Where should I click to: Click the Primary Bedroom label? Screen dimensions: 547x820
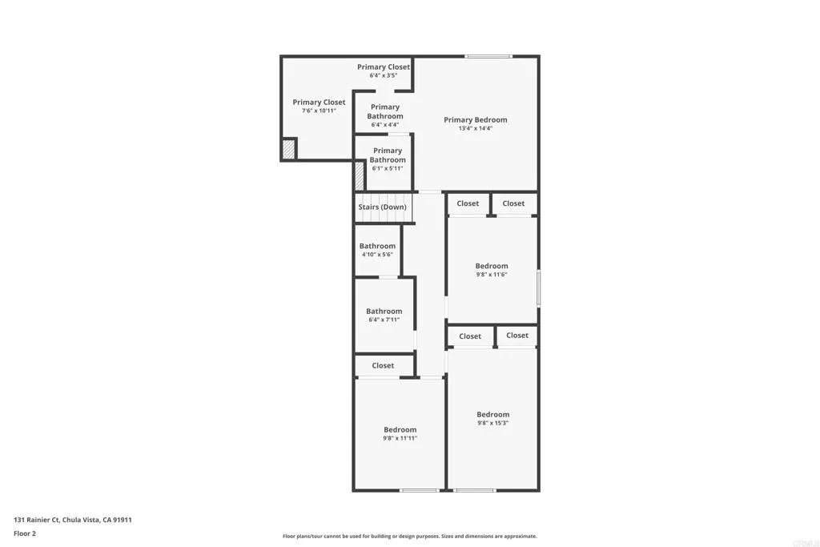pyautogui.click(x=476, y=120)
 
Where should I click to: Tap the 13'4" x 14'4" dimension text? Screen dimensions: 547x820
pyautogui.click(x=476, y=128)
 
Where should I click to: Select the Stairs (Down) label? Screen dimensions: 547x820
pyautogui.click(x=382, y=207)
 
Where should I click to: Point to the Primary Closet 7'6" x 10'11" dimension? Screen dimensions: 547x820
pyautogui.click(x=319, y=111)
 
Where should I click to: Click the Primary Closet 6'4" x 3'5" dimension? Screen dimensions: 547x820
pyautogui.click(x=384, y=75)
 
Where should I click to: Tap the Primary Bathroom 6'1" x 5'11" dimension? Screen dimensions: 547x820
pyautogui.click(x=388, y=168)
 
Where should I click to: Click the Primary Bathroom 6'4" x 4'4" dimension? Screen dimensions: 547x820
pyautogui.click(x=385, y=125)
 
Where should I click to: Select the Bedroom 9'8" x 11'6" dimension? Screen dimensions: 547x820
pyautogui.click(x=492, y=275)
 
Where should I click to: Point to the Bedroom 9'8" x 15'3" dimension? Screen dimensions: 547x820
pyautogui.click(x=493, y=423)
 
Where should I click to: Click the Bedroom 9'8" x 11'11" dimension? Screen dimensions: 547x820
pyautogui.click(x=400, y=438)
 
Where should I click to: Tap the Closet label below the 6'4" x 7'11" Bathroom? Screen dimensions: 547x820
pyautogui.click(x=383, y=366)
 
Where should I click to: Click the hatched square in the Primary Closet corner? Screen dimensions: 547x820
pyautogui.click(x=288, y=149)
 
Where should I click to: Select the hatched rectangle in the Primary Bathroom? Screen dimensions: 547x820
pyautogui.click(x=360, y=175)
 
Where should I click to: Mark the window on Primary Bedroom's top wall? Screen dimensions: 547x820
pyautogui.click(x=488, y=56)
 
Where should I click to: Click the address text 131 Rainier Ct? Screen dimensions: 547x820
pyautogui.click(x=73, y=520)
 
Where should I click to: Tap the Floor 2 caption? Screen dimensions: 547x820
pyautogui.click(x=25, y=533)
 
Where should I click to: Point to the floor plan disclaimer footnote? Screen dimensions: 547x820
pyautogui.click(x=409, y=537)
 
